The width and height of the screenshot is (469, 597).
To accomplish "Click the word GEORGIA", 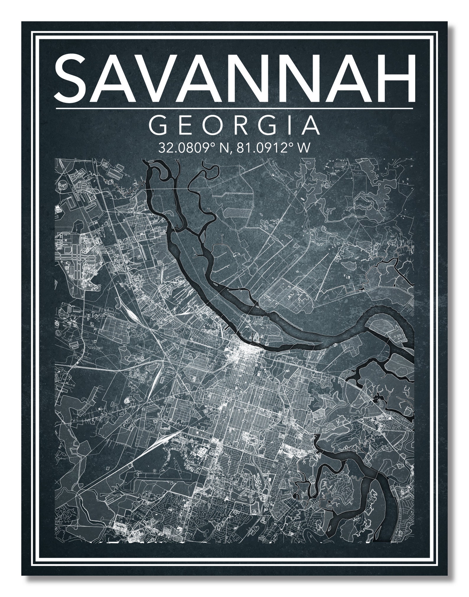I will [x=234, y=125].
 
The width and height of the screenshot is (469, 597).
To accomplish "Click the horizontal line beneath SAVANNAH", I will [x=234, y=109].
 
